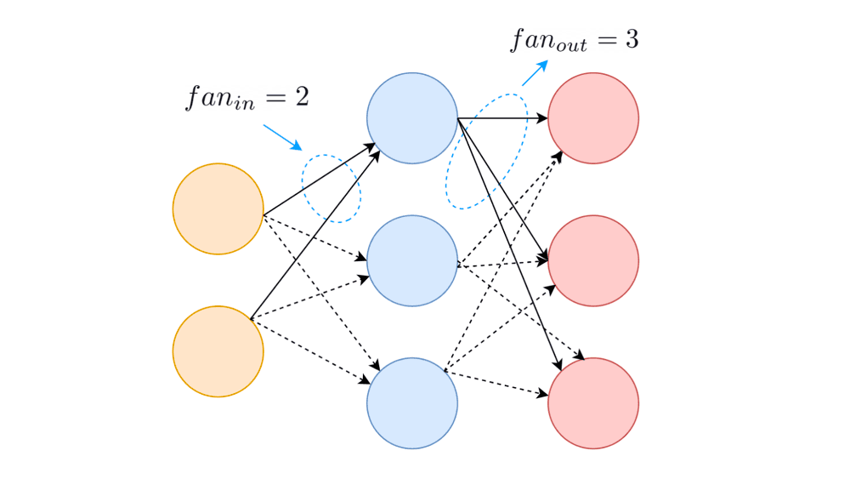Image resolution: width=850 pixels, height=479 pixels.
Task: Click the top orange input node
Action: (218, 208)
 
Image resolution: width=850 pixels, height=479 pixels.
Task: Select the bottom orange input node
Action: (218, 351)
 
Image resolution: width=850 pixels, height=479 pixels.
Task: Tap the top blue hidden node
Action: (412, 118)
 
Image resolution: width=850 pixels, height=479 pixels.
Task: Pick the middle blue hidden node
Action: (412, 260)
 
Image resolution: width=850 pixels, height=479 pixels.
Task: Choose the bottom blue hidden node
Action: (412, 403)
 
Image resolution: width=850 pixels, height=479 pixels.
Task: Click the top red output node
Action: (593, 118)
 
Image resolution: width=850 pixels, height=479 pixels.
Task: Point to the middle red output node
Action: (593, 260)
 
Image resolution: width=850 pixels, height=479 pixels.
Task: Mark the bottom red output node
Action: (593, 403)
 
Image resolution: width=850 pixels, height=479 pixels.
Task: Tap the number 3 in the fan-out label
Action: (630, 39)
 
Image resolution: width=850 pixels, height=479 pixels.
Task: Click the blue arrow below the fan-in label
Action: (282, 137)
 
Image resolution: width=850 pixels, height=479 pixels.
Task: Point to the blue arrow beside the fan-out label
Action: (535, 73)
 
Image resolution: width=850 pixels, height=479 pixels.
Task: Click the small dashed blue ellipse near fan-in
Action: (331, 189)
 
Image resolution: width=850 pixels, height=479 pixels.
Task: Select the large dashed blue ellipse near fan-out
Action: (487, 151)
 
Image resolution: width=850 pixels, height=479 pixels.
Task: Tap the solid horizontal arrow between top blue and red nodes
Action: (501, 118)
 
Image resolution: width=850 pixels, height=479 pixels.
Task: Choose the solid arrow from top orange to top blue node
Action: (319, 179)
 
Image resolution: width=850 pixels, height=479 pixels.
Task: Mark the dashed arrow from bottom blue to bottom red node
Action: (495, 384)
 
